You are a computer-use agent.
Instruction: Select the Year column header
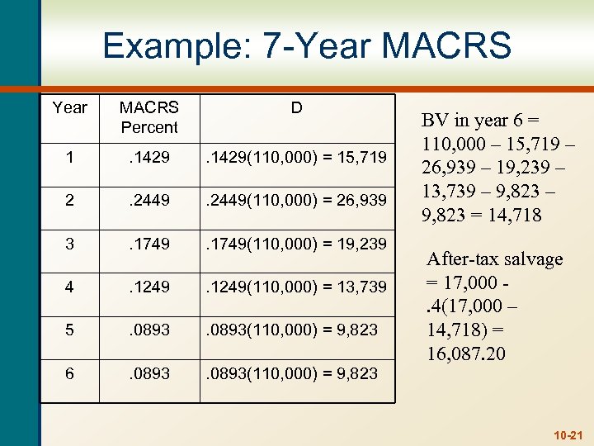pyautogui.click(x=69, y=107)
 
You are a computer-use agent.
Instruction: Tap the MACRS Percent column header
pyautogui.click(x=148, y=117)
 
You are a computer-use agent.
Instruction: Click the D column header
pyautogui.click(x=296, y=107)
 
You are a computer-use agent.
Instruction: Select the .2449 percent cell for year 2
pyautogui.click(x=148, y=198)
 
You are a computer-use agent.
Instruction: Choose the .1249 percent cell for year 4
pyautogui.click(x=148, y=286)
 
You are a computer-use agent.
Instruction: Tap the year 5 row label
pyautogui.click(x=69, y=330)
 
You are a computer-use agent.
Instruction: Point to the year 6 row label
pyautogui.click(x=69, y=373)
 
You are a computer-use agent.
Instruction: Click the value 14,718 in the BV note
pyautogui.click(x=518, y=216)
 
